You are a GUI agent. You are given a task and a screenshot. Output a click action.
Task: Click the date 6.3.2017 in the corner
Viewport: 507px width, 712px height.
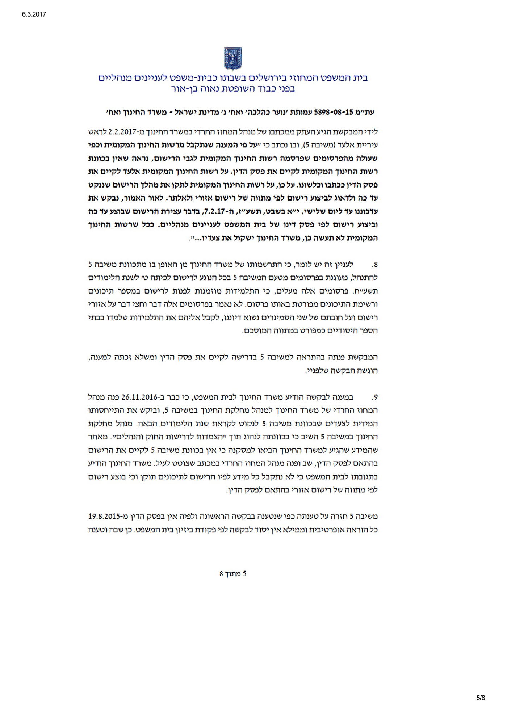[x=34, y=14]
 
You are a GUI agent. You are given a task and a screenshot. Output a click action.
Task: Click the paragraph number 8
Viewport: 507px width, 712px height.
[x=374, y=265]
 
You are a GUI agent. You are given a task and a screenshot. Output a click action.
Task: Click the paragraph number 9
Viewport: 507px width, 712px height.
[x=374, y=397]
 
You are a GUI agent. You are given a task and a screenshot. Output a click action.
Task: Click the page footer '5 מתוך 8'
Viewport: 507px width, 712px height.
[x=233, y=573]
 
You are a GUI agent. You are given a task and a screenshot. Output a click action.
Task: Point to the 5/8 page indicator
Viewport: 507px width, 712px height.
[x=481, y=698]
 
